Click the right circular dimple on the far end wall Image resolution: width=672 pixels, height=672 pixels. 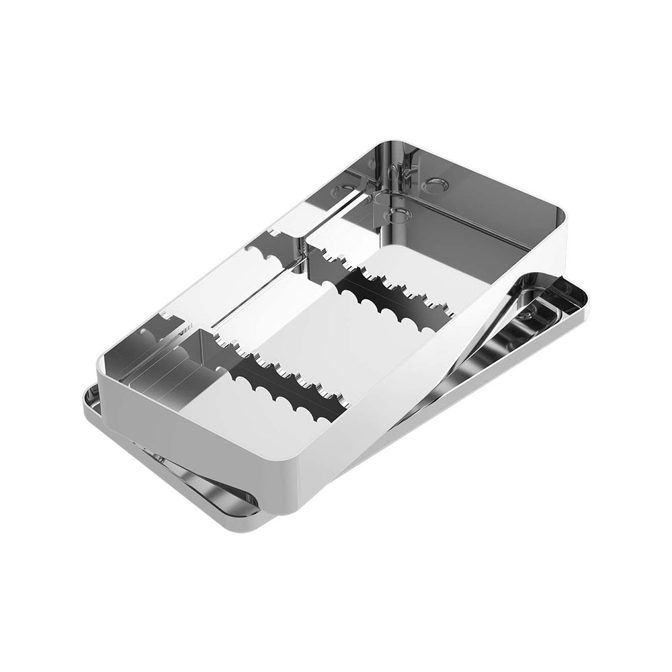point(436,181)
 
